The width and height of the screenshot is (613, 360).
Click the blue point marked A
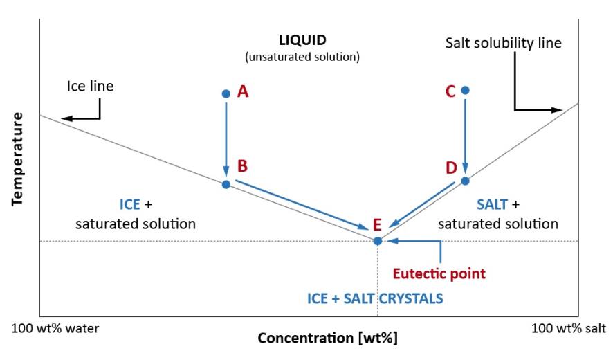pos(226,93)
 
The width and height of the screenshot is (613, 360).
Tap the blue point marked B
pos(226,184)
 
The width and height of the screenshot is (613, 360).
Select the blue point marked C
pos(465,90)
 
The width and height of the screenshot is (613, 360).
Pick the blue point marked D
pos(465,181)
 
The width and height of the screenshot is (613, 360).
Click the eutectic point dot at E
pos(378,241)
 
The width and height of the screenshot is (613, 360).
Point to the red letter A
pos(242,91)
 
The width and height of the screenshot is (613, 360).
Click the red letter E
pos(377,224)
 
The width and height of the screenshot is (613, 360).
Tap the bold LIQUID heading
pos(302,41)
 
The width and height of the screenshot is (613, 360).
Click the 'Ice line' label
pos(90,87)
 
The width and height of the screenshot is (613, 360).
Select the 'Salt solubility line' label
pos(503,44)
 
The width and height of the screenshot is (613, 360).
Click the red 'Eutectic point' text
pos(439,273)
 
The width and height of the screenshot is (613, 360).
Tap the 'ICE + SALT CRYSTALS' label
pos(375,298)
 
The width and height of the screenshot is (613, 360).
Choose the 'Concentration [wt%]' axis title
pos(327,339)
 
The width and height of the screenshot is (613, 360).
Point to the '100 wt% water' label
pos(55,327)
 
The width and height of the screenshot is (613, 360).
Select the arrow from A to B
pos(226,138)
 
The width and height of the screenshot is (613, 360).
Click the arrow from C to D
pos(465,135)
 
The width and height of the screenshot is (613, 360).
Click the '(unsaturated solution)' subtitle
pos(302,57)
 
